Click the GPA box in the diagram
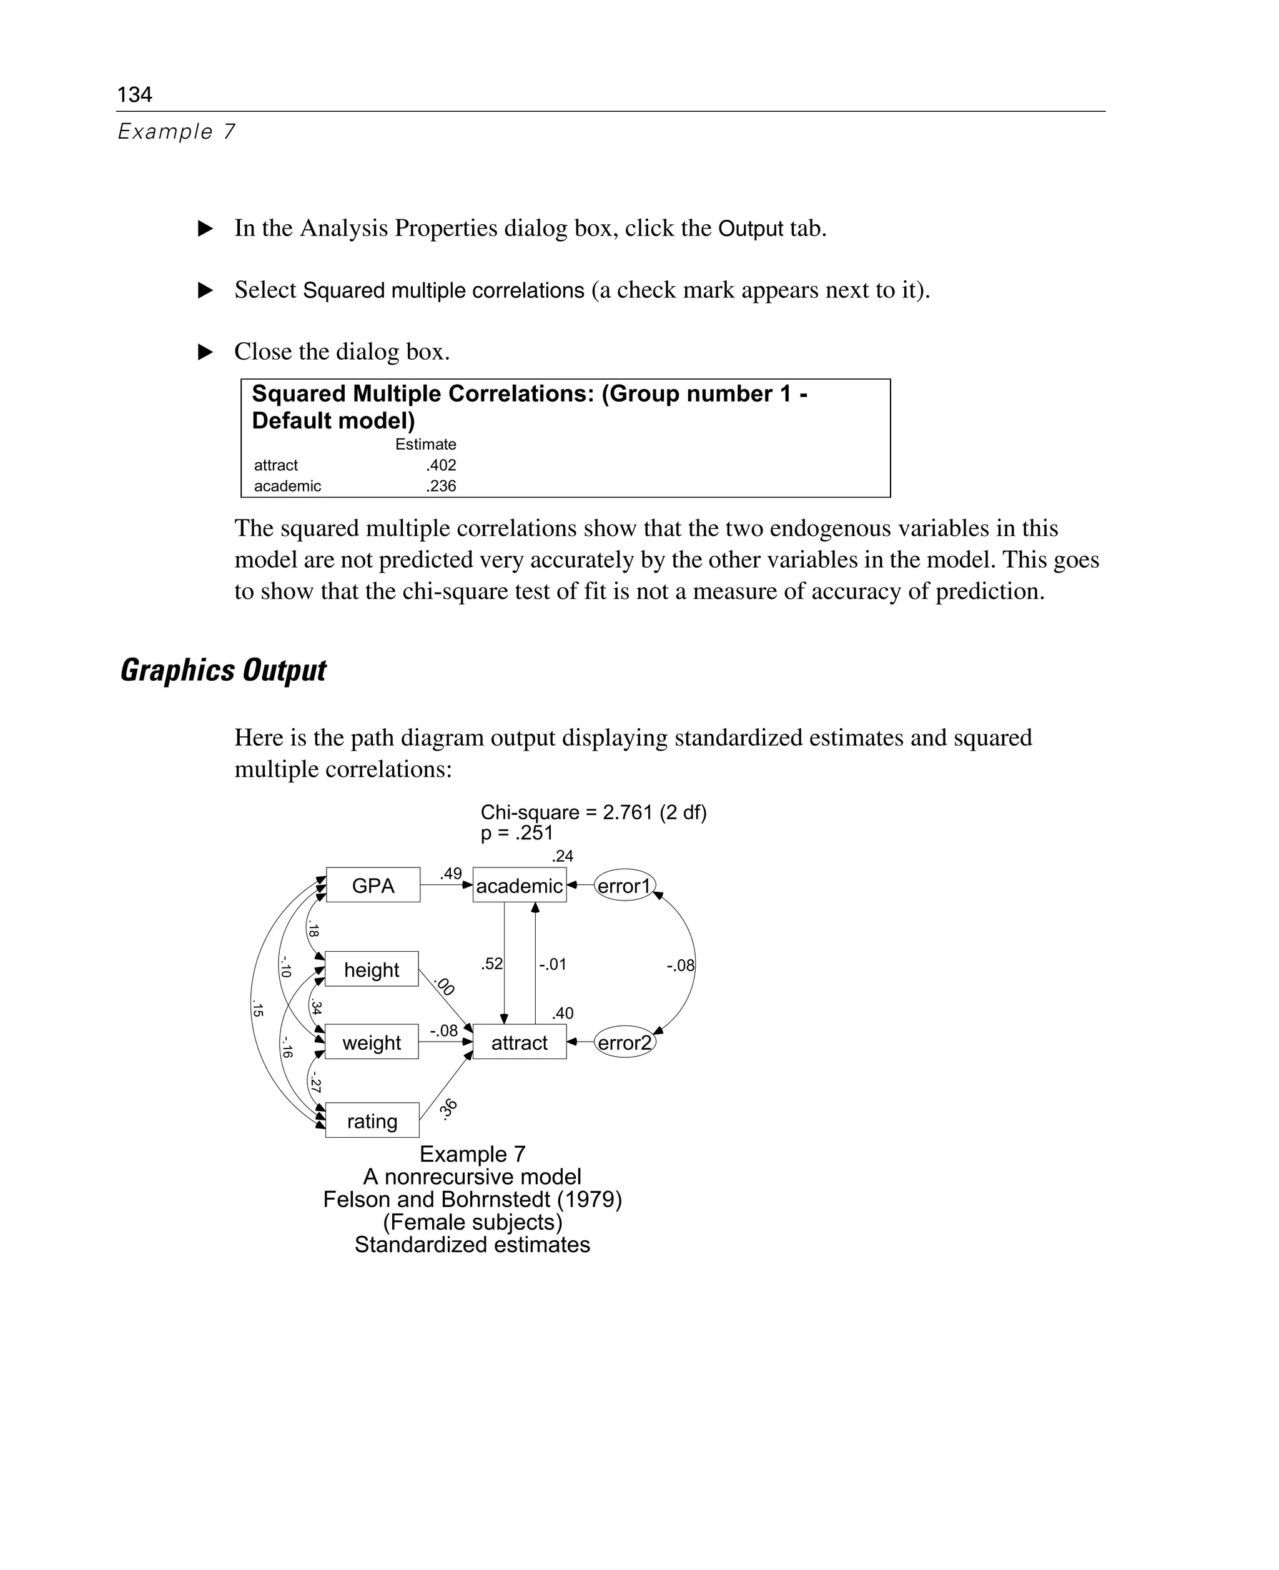(x=373, y=885)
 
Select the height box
(x=372, y=969)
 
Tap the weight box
(x=372, y=1042)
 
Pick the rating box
(x=372, y=1120)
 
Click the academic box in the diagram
(x=520, y=885)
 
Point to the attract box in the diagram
(x=520, y=1042)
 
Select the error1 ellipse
(x=624, y=885)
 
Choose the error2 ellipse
(x=624, y=1042)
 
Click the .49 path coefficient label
(x=450, y=873)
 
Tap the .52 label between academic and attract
(x=491, y=963)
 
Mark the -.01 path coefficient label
(x=552, y=964)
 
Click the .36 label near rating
(x=448, y=1108)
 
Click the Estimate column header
(x=425, y=444)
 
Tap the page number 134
(x=134, y=94)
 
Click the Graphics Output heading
(x=222, y=669)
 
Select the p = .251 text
(x=516, y=832)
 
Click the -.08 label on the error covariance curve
(x=680, y=965)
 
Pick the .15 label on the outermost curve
(x=257, y=1009)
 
